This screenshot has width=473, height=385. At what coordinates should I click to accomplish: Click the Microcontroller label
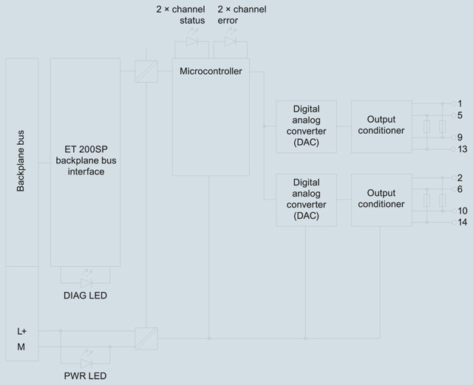(x=211, y=71)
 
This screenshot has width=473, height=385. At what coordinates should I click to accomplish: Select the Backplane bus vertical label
(x=21, y=161)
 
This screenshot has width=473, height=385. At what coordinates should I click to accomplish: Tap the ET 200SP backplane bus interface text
(x=86, y=160)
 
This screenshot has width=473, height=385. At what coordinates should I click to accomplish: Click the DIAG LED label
(x=86, y=296)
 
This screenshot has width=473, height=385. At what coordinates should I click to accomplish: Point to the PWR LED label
(x=86, y=376)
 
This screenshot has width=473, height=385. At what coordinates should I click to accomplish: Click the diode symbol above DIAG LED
(x=86, y=283)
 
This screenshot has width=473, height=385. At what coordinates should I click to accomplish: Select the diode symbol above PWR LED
(x=86, y=363)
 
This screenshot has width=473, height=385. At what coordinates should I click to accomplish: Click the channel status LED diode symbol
(x=192, y=41)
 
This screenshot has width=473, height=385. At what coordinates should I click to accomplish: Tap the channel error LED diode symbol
(x=231, y=41)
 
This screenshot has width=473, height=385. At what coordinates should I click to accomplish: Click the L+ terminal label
(x=21, y=331)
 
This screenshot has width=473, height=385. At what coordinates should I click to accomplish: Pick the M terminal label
(x=21, y=347)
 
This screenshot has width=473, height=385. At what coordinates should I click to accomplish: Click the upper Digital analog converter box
(x=306, y=126)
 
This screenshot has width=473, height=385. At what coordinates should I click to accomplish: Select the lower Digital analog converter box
(x=306, y=200)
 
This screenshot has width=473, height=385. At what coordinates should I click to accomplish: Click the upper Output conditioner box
(x=381, y=126)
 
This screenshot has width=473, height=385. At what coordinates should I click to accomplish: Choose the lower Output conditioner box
(x=381, y=200)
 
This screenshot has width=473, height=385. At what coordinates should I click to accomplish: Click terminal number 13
(x=463, y=149)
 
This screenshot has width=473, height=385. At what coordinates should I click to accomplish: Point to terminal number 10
(x=463, y=211)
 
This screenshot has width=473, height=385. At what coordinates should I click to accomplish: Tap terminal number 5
(x=460, y=115)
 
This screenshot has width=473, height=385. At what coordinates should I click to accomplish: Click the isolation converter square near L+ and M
(x=146, y=338)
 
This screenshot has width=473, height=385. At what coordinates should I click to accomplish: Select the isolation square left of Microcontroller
(x=146, y=71)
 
